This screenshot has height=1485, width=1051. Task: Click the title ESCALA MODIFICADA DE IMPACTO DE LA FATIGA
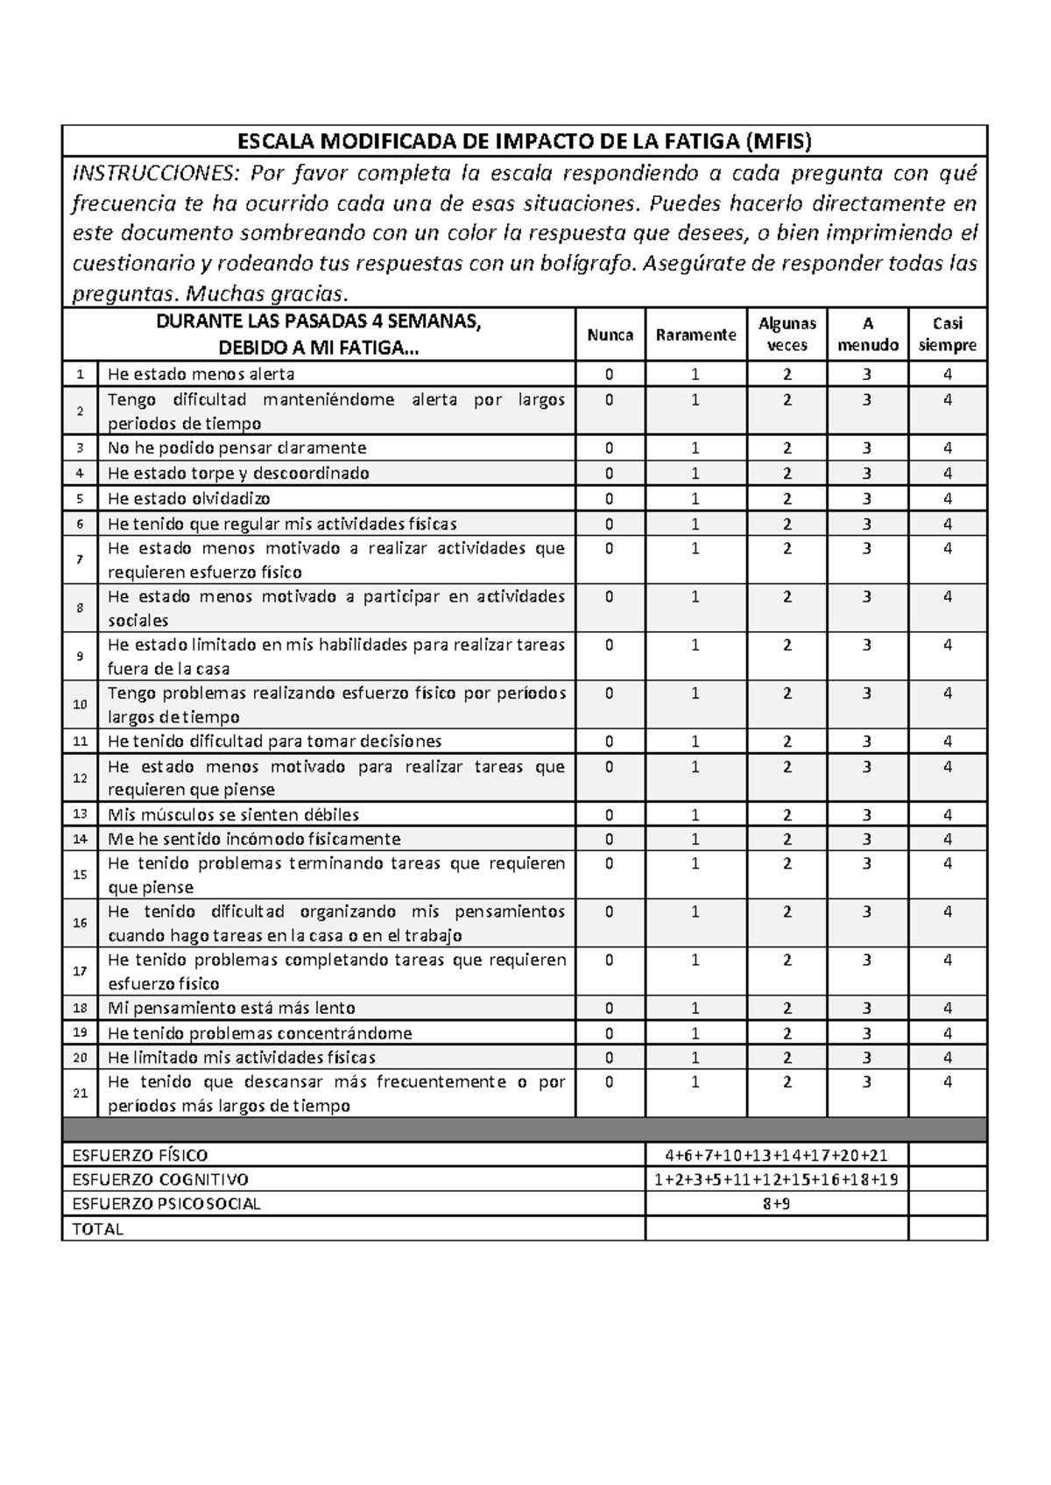coord(525,142)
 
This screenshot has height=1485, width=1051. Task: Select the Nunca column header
coord(610,334)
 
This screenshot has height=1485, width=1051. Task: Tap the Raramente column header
coord(695,334)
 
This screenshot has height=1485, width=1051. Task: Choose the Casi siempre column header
coord(948,334)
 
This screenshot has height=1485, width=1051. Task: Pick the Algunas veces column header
coord(786,334)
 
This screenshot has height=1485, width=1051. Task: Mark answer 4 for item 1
coord(948,374)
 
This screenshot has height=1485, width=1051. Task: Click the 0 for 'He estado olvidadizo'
coord(610,498)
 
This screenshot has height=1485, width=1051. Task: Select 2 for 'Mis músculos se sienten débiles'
coord(786,814)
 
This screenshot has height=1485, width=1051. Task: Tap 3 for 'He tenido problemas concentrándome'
coord(866,1033)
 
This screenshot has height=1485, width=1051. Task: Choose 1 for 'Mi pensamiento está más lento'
coord(695,1008)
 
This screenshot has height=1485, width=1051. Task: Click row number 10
coord(80,704)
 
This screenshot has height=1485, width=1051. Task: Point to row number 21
coord(80,1093)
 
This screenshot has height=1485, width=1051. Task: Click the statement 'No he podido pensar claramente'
coord(236,448)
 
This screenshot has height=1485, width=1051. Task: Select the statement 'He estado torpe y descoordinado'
coord(238,474)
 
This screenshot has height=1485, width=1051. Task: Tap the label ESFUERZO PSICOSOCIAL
coord(166,1204)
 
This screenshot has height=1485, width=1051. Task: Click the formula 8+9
coord(776,1204)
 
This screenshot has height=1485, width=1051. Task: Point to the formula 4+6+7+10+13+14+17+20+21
coord(776,1155)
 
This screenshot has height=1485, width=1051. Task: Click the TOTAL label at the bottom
coord(98,1228)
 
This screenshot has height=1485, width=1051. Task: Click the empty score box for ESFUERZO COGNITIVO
coord(948,1179)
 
